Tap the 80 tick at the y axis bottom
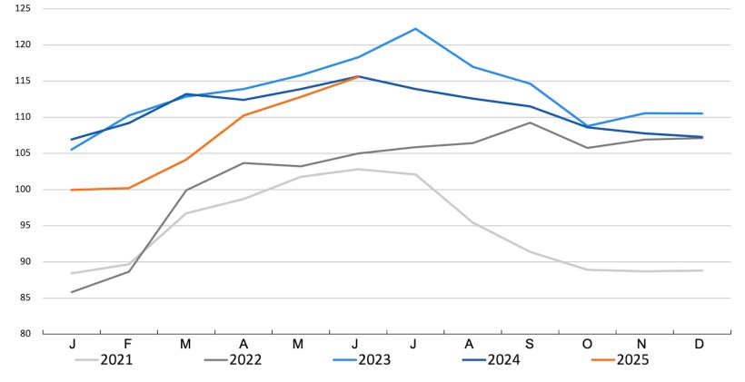[x=25, y=334]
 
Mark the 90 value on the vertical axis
[x=25, y=261]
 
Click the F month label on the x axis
[x=129, y=346]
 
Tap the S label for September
[x=530, y=346]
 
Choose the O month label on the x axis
[x=587, y=346]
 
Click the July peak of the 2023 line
[x=415, y=28]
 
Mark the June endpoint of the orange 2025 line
[x=358, y=77]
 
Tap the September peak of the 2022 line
[x=530, y=122]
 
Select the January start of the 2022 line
[x=72, y=292]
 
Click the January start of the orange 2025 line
[x=72, y=190]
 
